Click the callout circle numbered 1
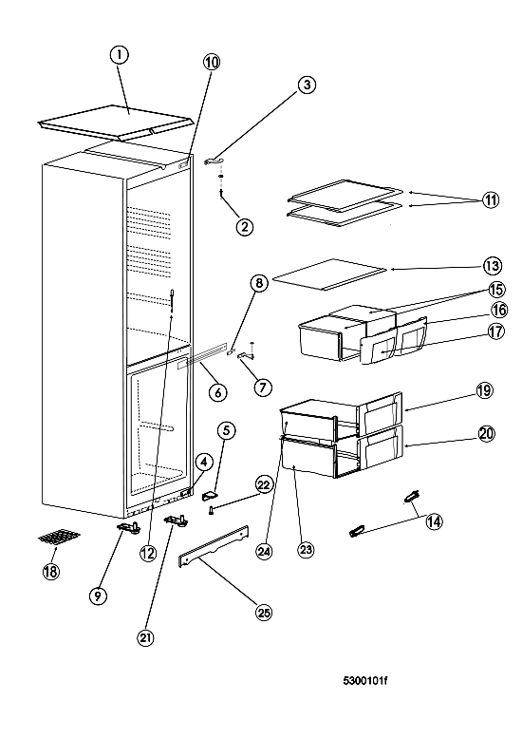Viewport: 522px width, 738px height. [119, 55]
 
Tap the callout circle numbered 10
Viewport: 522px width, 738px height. [211, 62]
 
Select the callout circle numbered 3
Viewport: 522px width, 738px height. [307, 85]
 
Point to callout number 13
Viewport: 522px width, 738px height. [492, 266]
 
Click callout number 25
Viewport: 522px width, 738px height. [264, 613]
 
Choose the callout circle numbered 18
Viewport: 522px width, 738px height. [51, 572]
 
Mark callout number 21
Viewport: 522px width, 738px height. [146, 637]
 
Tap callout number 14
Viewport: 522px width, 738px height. [435, 521]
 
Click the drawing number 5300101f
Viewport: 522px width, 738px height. [365, 681]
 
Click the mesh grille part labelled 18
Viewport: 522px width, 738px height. [59, 537]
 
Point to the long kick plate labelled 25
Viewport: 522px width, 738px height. [214, 546]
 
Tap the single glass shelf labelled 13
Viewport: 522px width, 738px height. [329, 274]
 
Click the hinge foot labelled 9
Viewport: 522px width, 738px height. [128, 528]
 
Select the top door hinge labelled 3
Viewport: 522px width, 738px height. [214, 161]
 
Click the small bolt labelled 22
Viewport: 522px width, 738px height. [212, 509]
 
